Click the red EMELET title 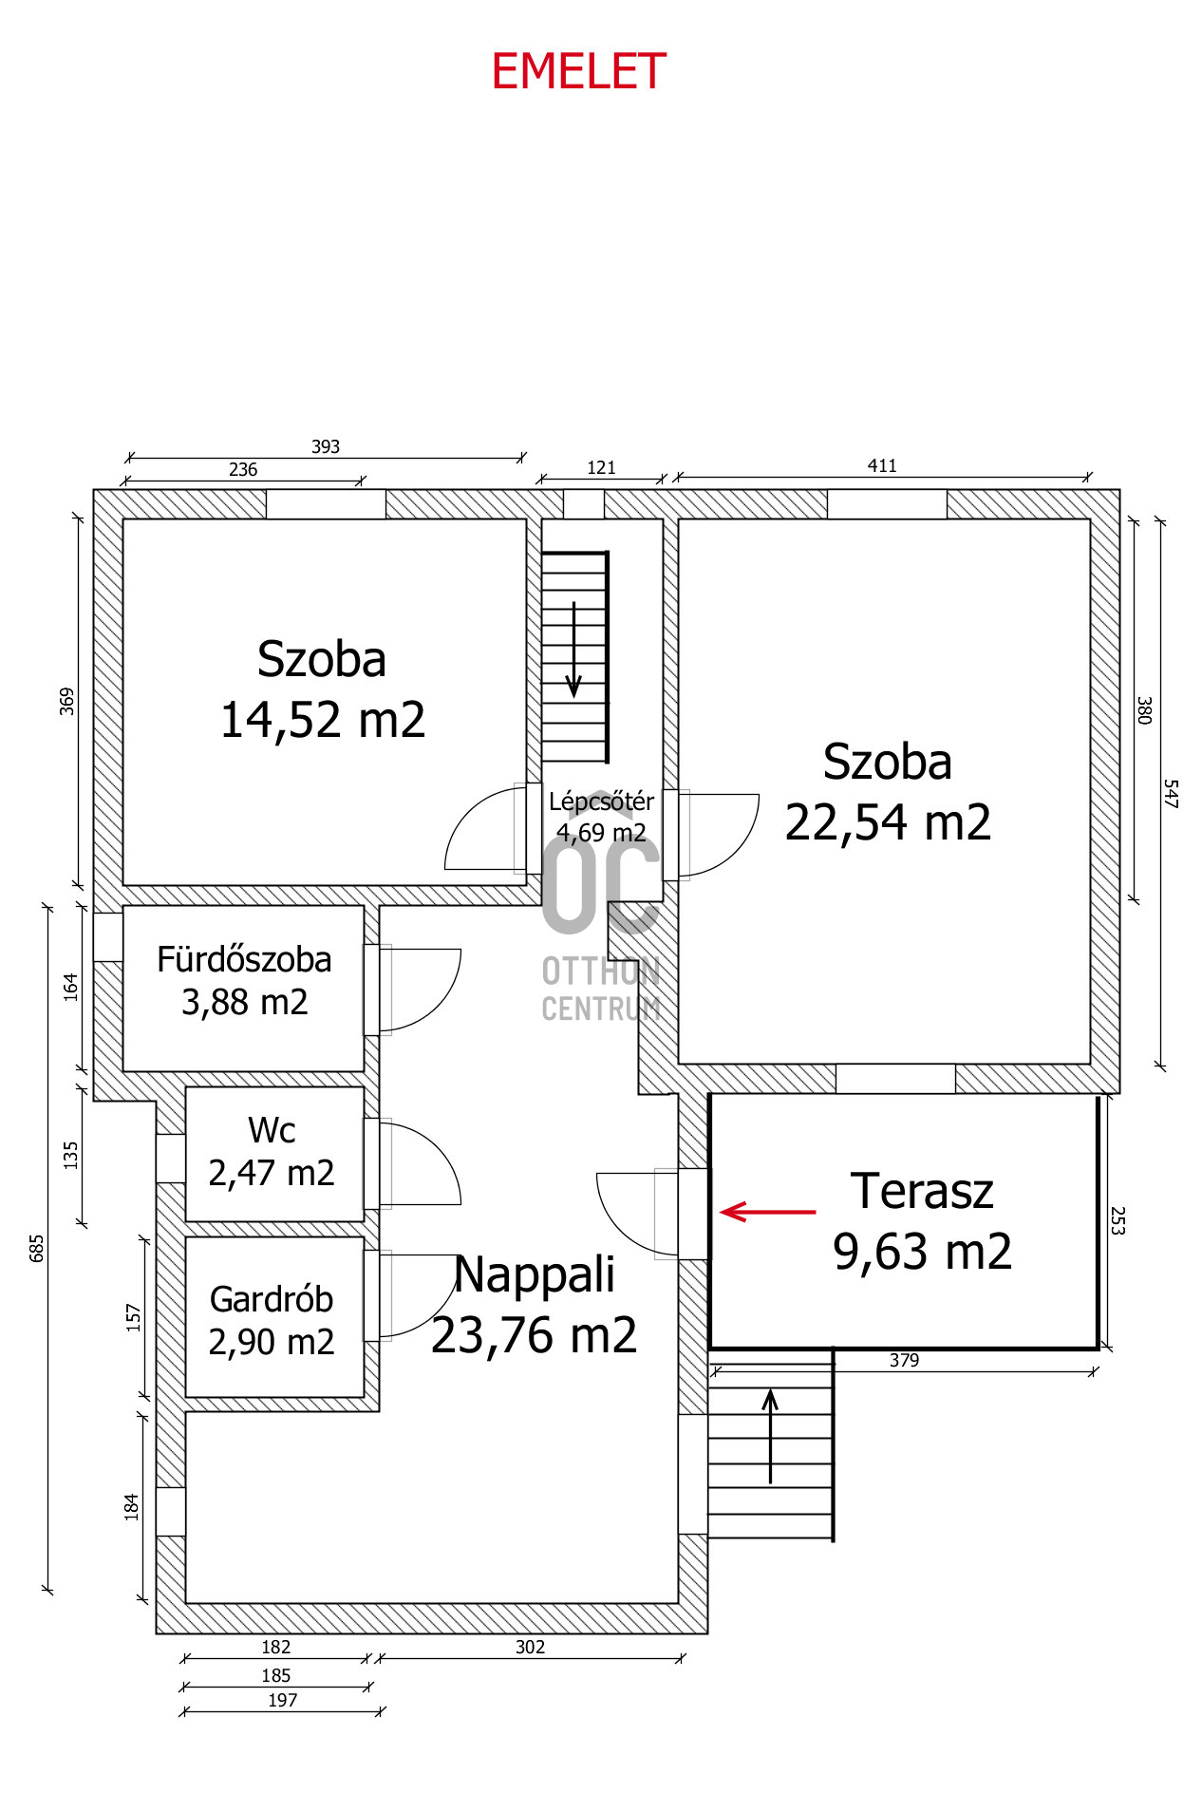coord(578,72)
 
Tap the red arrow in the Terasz coord(768,1212)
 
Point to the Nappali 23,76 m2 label coord(535,1305)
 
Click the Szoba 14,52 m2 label coord(322,689)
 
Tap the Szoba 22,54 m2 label coord(888,792)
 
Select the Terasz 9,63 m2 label coord(922,1221)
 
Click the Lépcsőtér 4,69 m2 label coord(601,817)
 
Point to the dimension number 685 coord(37,1247)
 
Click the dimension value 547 coord(1171,793)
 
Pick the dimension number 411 coord(882,465)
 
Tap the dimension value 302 coord(530,1647)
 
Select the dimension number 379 coord(904,1360)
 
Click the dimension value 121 coord(601,467)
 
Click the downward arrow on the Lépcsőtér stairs coord(573,650)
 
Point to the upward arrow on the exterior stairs coord(770,1436)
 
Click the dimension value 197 coord(282,1700)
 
